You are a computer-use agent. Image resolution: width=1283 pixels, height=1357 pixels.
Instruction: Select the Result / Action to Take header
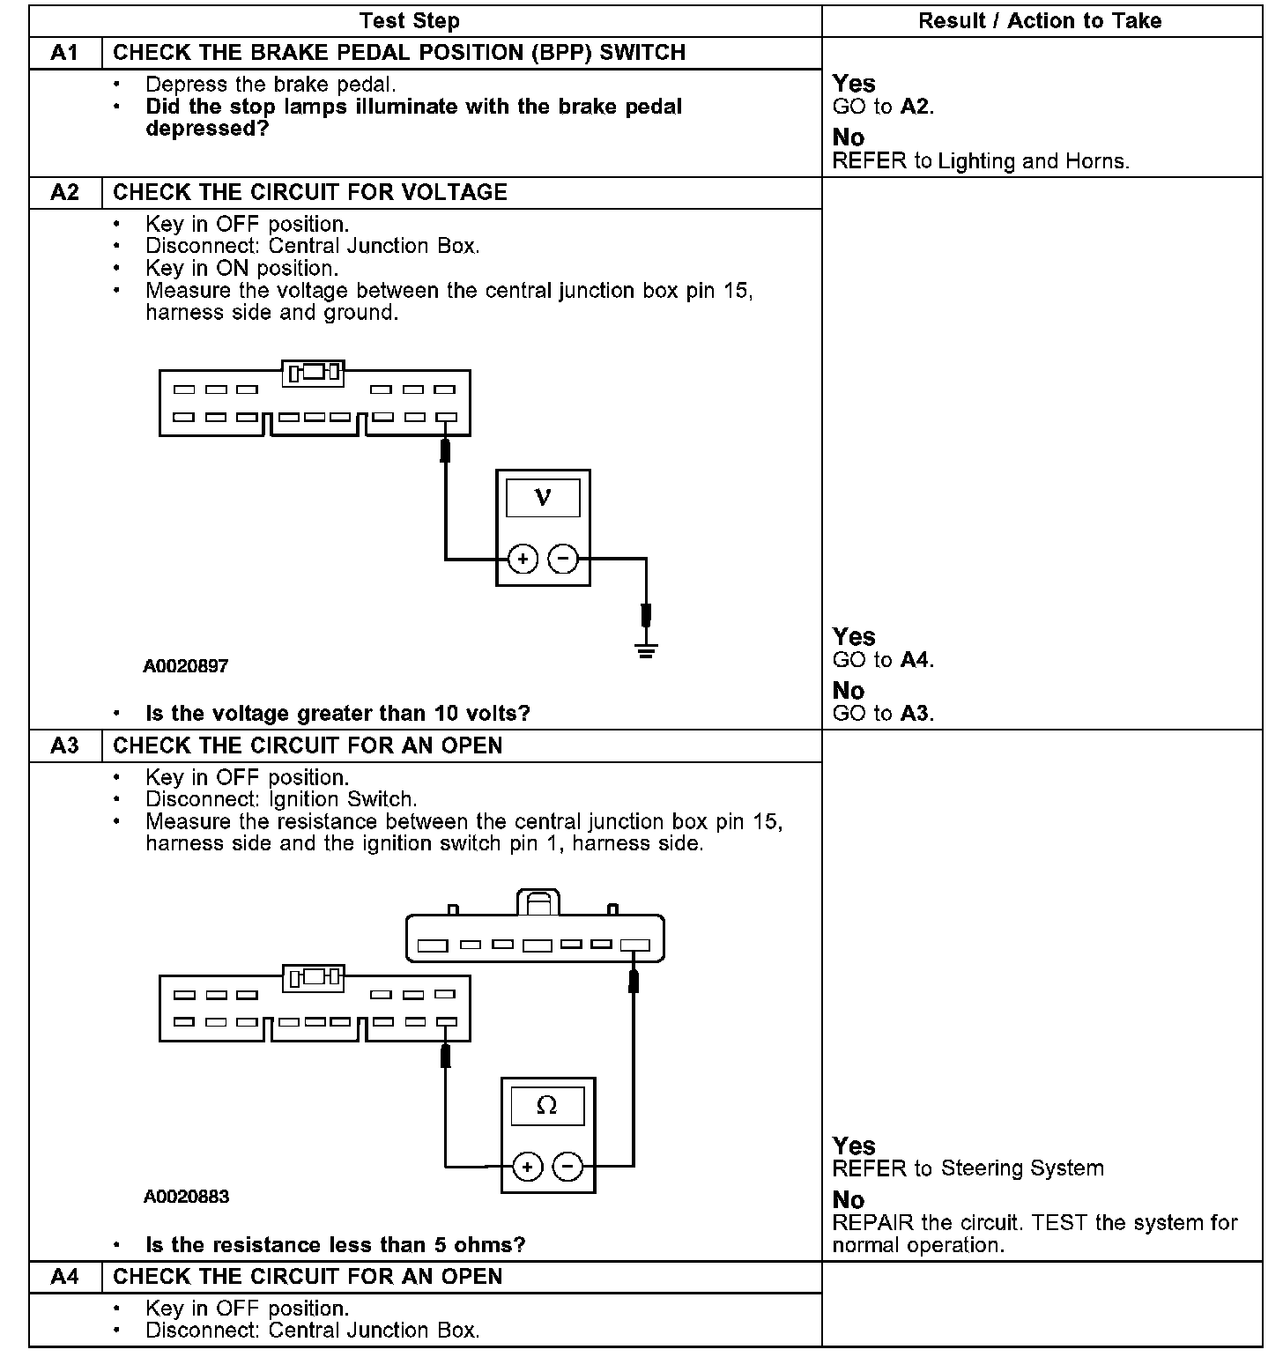[x=1040, y=20]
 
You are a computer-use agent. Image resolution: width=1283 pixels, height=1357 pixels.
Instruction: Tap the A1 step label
[x=65, y=53]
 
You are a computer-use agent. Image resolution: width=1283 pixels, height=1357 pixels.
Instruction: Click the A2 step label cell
[x=65, y=193]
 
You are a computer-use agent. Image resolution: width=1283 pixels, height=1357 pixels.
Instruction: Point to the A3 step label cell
[x=65, y=746]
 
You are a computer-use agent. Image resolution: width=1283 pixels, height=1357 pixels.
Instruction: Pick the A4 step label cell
[x=65, y=1277]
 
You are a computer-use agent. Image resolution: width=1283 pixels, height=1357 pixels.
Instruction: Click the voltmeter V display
[x=543, y=498]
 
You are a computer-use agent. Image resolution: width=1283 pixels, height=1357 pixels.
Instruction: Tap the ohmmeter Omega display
[x=547, y=1106]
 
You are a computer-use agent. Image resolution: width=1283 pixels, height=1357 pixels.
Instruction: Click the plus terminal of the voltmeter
[x=523, y=559]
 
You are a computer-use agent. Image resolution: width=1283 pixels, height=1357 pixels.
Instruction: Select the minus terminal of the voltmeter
[x=564, y=559]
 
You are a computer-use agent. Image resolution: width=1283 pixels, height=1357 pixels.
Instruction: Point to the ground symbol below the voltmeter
[x=647, y=653]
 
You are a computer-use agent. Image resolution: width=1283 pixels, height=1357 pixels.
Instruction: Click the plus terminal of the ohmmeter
[x=527, y=1168]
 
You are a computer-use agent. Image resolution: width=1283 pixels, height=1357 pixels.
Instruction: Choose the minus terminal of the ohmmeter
[x=568, y=1168]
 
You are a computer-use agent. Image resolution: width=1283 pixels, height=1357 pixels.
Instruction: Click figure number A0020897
[x=186, y=666]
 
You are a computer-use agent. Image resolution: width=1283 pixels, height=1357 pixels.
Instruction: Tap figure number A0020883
[x=186, y=1197]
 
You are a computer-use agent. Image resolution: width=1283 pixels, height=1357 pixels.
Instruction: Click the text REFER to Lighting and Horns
[x=981, y=161]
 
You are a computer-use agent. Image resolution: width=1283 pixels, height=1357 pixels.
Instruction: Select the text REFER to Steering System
[x=968, y=1168]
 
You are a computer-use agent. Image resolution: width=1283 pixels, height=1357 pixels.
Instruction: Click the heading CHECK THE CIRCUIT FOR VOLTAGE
[x=310, y=193]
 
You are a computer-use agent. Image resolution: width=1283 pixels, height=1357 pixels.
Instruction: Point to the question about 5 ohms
[x=335, y=1245]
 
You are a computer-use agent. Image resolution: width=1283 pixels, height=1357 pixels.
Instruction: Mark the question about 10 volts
[x=337, y=713]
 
